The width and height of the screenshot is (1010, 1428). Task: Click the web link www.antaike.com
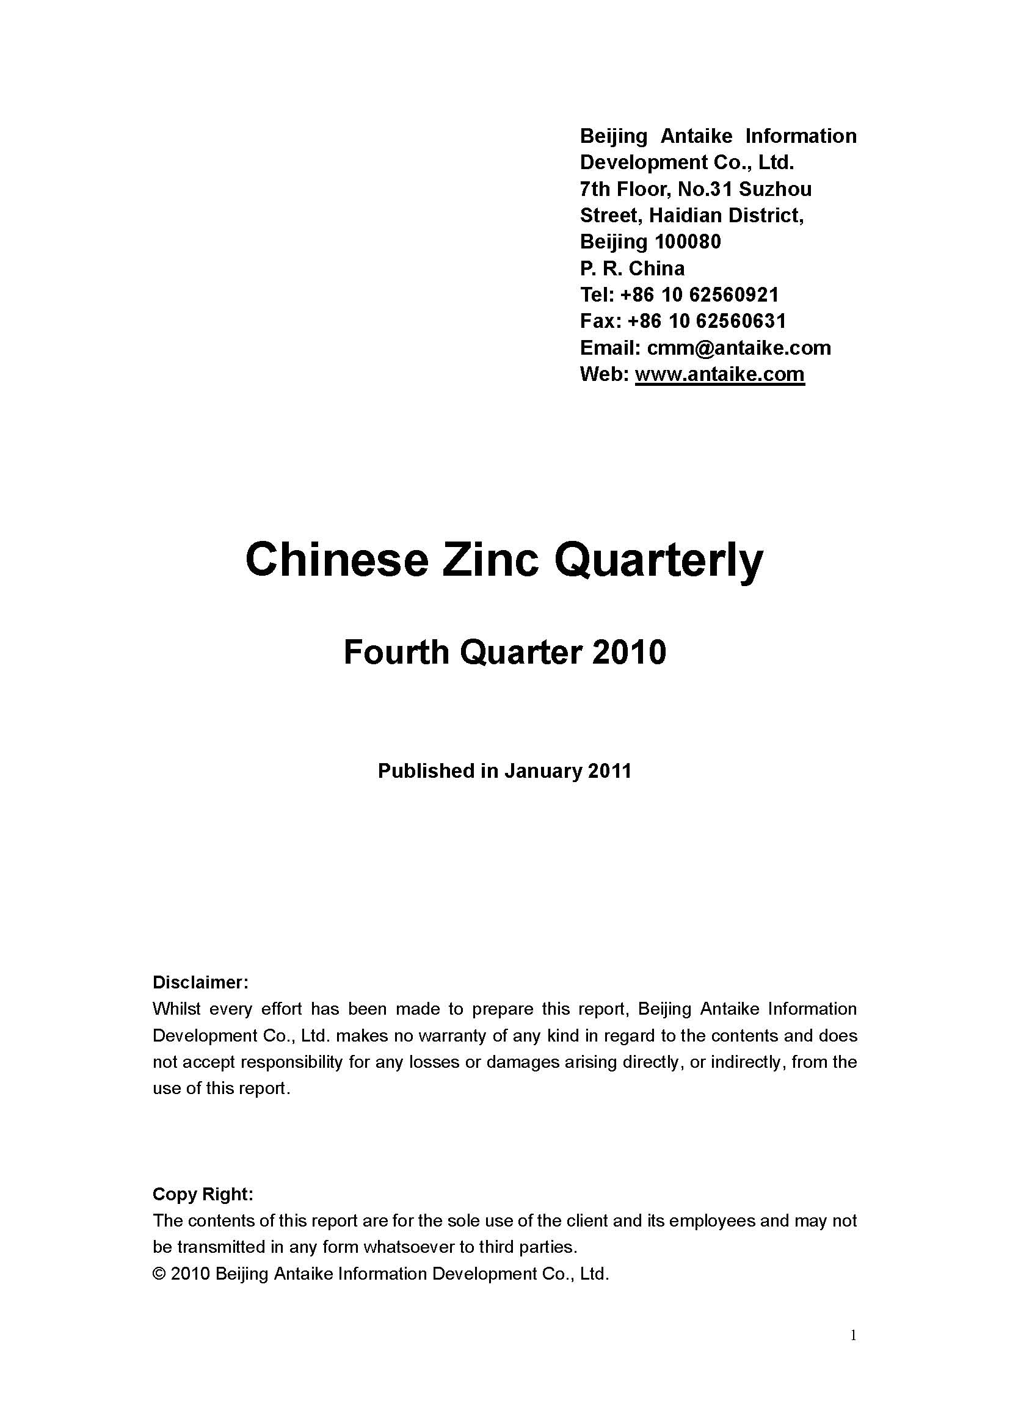(x=719, y=374)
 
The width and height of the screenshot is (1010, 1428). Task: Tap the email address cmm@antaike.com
(x=739, y=347)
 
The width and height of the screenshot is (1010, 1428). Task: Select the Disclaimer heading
(x=200, y=983)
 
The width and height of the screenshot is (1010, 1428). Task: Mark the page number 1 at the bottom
(x=853, y=1335)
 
